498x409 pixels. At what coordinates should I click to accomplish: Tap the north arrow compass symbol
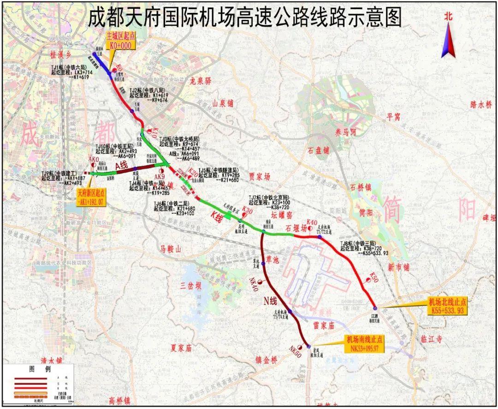tap(448, 37)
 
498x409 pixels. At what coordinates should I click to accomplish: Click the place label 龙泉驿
tap(200, 81)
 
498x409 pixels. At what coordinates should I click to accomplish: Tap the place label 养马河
tap(346, 132)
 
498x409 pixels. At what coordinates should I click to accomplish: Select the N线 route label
tap(270, 301)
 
